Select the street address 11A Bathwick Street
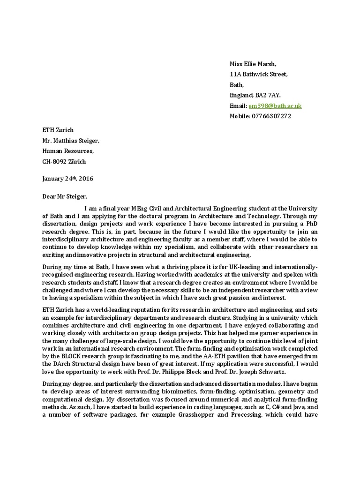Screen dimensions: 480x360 pos(258,75)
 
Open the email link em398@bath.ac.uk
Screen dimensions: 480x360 pos(275,106)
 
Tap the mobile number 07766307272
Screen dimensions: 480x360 pos(271,116)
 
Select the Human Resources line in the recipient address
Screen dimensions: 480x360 pos(68,151)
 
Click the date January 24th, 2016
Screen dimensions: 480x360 pos(67,179)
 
